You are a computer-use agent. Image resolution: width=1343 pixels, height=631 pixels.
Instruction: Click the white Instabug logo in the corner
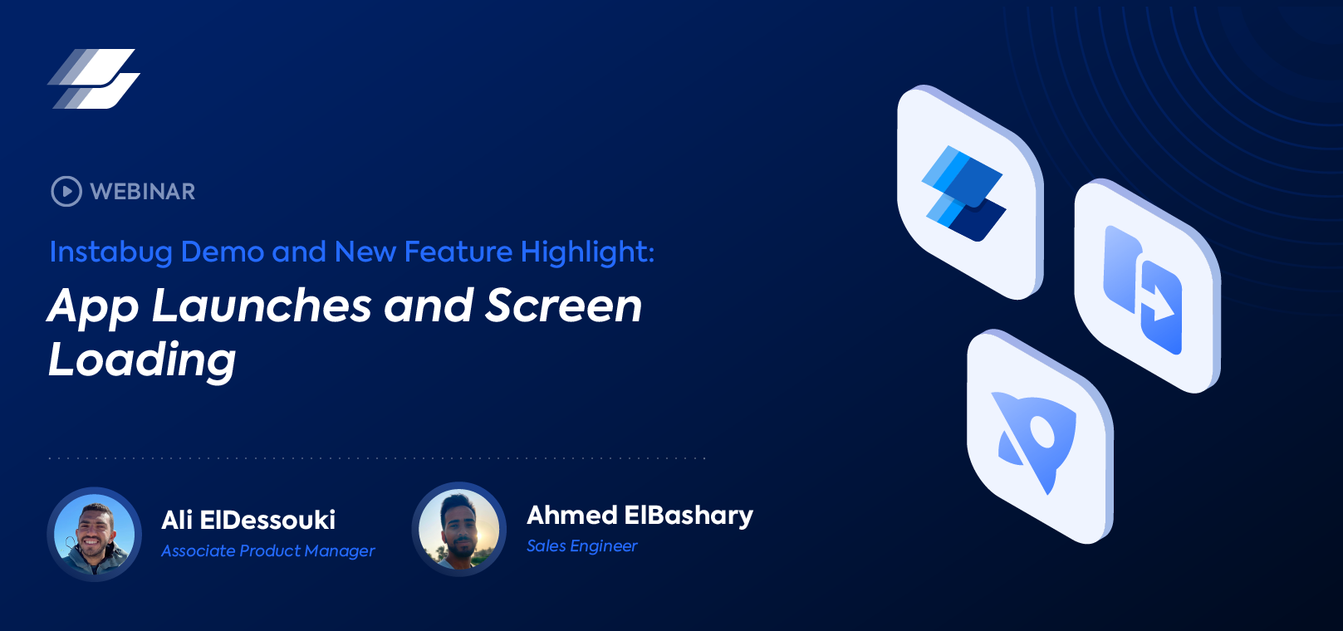pyautogui.click(x=94, y=79)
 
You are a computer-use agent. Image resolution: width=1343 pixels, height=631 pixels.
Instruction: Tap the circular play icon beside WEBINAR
pyautogui.click(x=66, y=191)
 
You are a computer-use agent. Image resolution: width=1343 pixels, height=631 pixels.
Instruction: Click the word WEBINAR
pyautogui.click(x=143, y=192)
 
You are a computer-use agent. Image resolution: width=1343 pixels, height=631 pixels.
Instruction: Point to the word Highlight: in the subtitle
pyautogui.click(x=587, y=252)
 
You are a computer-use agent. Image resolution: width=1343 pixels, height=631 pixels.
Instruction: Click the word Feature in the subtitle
pyautogui.click(x=458, y=252)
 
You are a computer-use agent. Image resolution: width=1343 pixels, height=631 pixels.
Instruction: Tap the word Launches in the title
pyautogui.click(x=262, y=306)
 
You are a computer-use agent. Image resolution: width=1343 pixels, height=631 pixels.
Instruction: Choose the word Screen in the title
pyautogui.click(x=564, y=306)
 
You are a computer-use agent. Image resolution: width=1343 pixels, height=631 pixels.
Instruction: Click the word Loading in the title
pyautogui.click(x=142, y=360)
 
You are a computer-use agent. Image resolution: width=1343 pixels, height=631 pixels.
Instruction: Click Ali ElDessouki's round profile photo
pyautogui.click(x=95, y=535)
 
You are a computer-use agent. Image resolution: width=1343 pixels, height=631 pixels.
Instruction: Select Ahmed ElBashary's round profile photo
pyautogui.click(x=459, y=530)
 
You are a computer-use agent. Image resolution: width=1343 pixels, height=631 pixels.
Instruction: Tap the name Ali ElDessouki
pyautogui.click(x=248, y=521)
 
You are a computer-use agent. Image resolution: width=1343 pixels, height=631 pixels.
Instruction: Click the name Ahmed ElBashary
pyautogui.click(x=640, y=516)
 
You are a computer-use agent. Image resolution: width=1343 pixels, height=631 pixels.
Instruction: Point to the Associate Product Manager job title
pyautogui.click(x=267, y=551)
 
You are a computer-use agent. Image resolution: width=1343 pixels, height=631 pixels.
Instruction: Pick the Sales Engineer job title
pyautogui.click(x=581, y=546)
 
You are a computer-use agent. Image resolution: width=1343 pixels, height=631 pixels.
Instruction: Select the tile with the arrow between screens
pyautogui.click(x=1146, y=286)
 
